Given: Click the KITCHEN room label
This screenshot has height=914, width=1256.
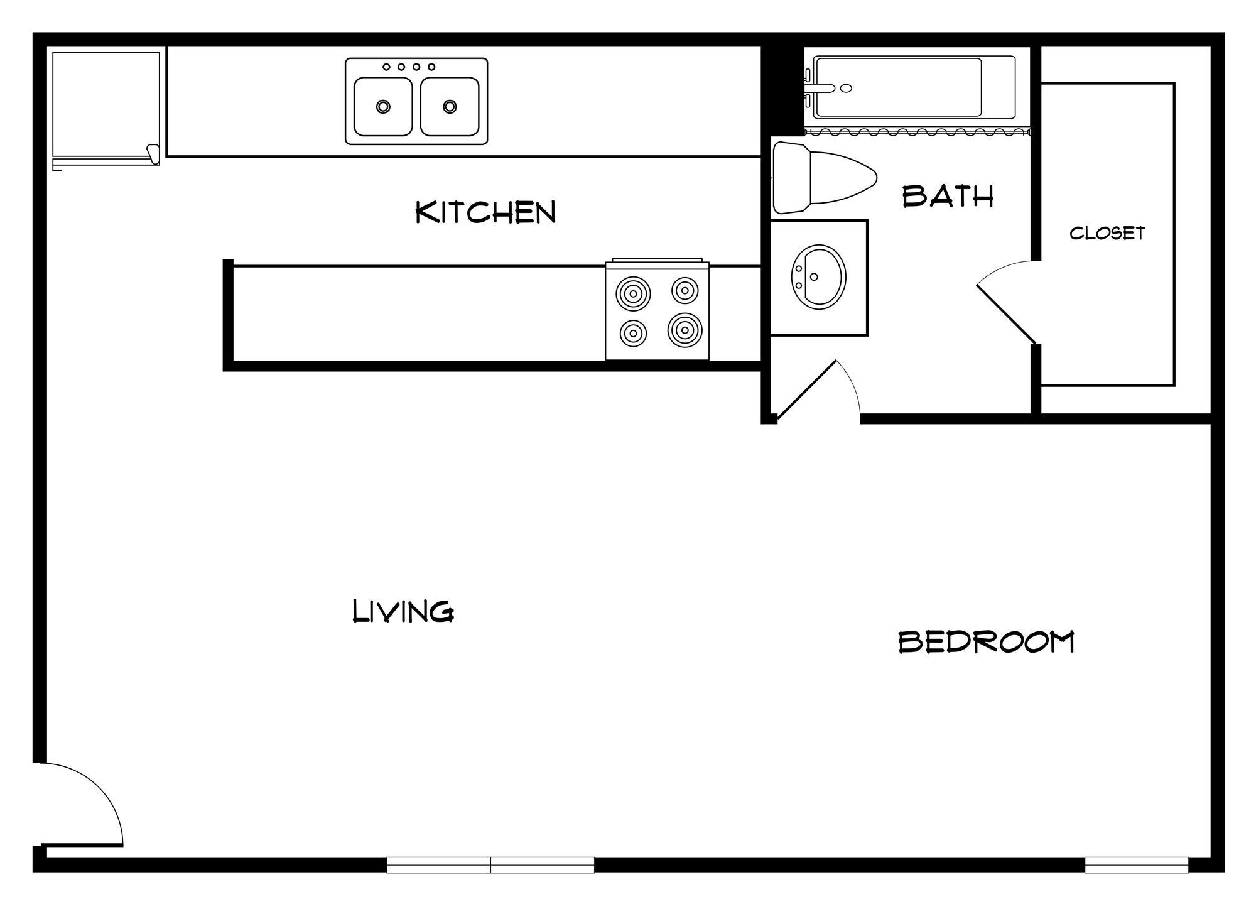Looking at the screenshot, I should click(x=486, y=212).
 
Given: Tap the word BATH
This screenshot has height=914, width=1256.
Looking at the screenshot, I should click(x=948, y=197).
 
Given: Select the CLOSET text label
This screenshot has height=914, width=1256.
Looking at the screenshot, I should click(x=1107, y=233).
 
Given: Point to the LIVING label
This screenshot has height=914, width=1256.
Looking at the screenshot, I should click(x=403, y=611).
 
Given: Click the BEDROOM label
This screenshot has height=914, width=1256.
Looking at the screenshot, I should click(x=986, y=642).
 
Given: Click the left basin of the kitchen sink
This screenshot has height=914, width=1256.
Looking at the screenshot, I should click(x=383, y=106).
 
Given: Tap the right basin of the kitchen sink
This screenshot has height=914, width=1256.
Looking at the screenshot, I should click(x=450, y=106).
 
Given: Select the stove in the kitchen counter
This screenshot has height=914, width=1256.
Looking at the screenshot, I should click(x=657, y=311).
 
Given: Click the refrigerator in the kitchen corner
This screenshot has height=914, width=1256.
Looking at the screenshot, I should click(x=106, y=107).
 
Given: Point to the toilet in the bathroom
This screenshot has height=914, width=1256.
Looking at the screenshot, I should click(x=823, y=178).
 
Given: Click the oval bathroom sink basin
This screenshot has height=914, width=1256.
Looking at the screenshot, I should click(x=818, y=276).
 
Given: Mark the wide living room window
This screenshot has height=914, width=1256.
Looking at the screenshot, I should click(x=490, y=865).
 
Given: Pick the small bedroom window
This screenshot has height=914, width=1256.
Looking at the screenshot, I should click(x=1137, y=865).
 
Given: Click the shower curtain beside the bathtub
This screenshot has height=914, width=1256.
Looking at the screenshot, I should click(x=917, y=132).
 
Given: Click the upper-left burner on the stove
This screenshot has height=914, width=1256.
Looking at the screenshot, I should click(x=633, y=293).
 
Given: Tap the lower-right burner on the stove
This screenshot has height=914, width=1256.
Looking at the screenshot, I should click(x=685, y=330).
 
